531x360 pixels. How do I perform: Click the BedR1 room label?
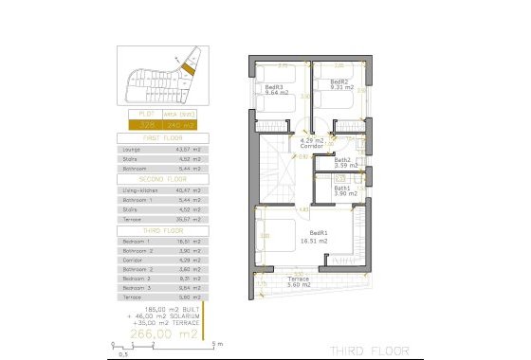[320, 233]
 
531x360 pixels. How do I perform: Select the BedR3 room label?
[275, 87]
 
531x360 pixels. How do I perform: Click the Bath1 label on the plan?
[342, 189]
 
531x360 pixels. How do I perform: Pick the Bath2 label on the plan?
[342, 160]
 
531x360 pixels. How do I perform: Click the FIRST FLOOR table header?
[158, 137]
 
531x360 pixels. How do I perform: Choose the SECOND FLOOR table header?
[158, 178]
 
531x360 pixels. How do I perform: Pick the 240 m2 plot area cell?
[178, 124]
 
